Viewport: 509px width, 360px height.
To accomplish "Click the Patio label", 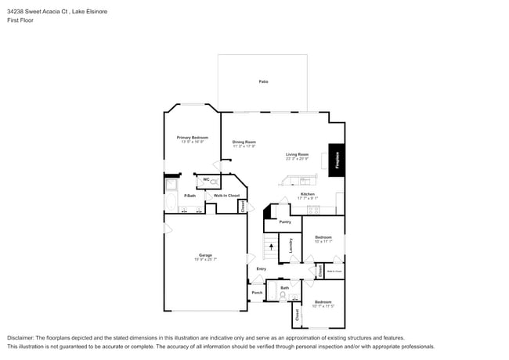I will click(x=264, y=81).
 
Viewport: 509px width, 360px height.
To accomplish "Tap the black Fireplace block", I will click(x=337, y=160).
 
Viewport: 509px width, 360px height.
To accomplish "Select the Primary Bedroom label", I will click(x=192, y=137).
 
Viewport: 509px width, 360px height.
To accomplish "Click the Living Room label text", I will click(x=297, y=154).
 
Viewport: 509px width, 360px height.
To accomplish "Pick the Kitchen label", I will click(x=308, y=194).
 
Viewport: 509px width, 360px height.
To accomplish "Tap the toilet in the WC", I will click(x=214, y=182).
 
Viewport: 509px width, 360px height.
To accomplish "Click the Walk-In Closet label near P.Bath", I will click(x=226, y=195).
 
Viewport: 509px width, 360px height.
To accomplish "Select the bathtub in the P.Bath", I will click(x=171, y=201).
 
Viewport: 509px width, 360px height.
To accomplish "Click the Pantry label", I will click(x=285, y=221).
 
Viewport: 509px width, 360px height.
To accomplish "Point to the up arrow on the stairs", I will click(x=271, y=247).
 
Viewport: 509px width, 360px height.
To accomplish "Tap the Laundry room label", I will click(x=290, y=244).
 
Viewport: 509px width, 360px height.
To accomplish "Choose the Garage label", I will click(x=204, y=255).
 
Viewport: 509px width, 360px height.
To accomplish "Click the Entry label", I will click(x=261, y=268).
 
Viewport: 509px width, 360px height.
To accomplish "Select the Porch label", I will click(x=257, y=293).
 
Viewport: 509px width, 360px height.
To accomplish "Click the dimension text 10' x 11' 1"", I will click(x=323, y=241).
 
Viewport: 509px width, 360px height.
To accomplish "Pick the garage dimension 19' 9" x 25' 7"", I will click(x=204, y=259).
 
